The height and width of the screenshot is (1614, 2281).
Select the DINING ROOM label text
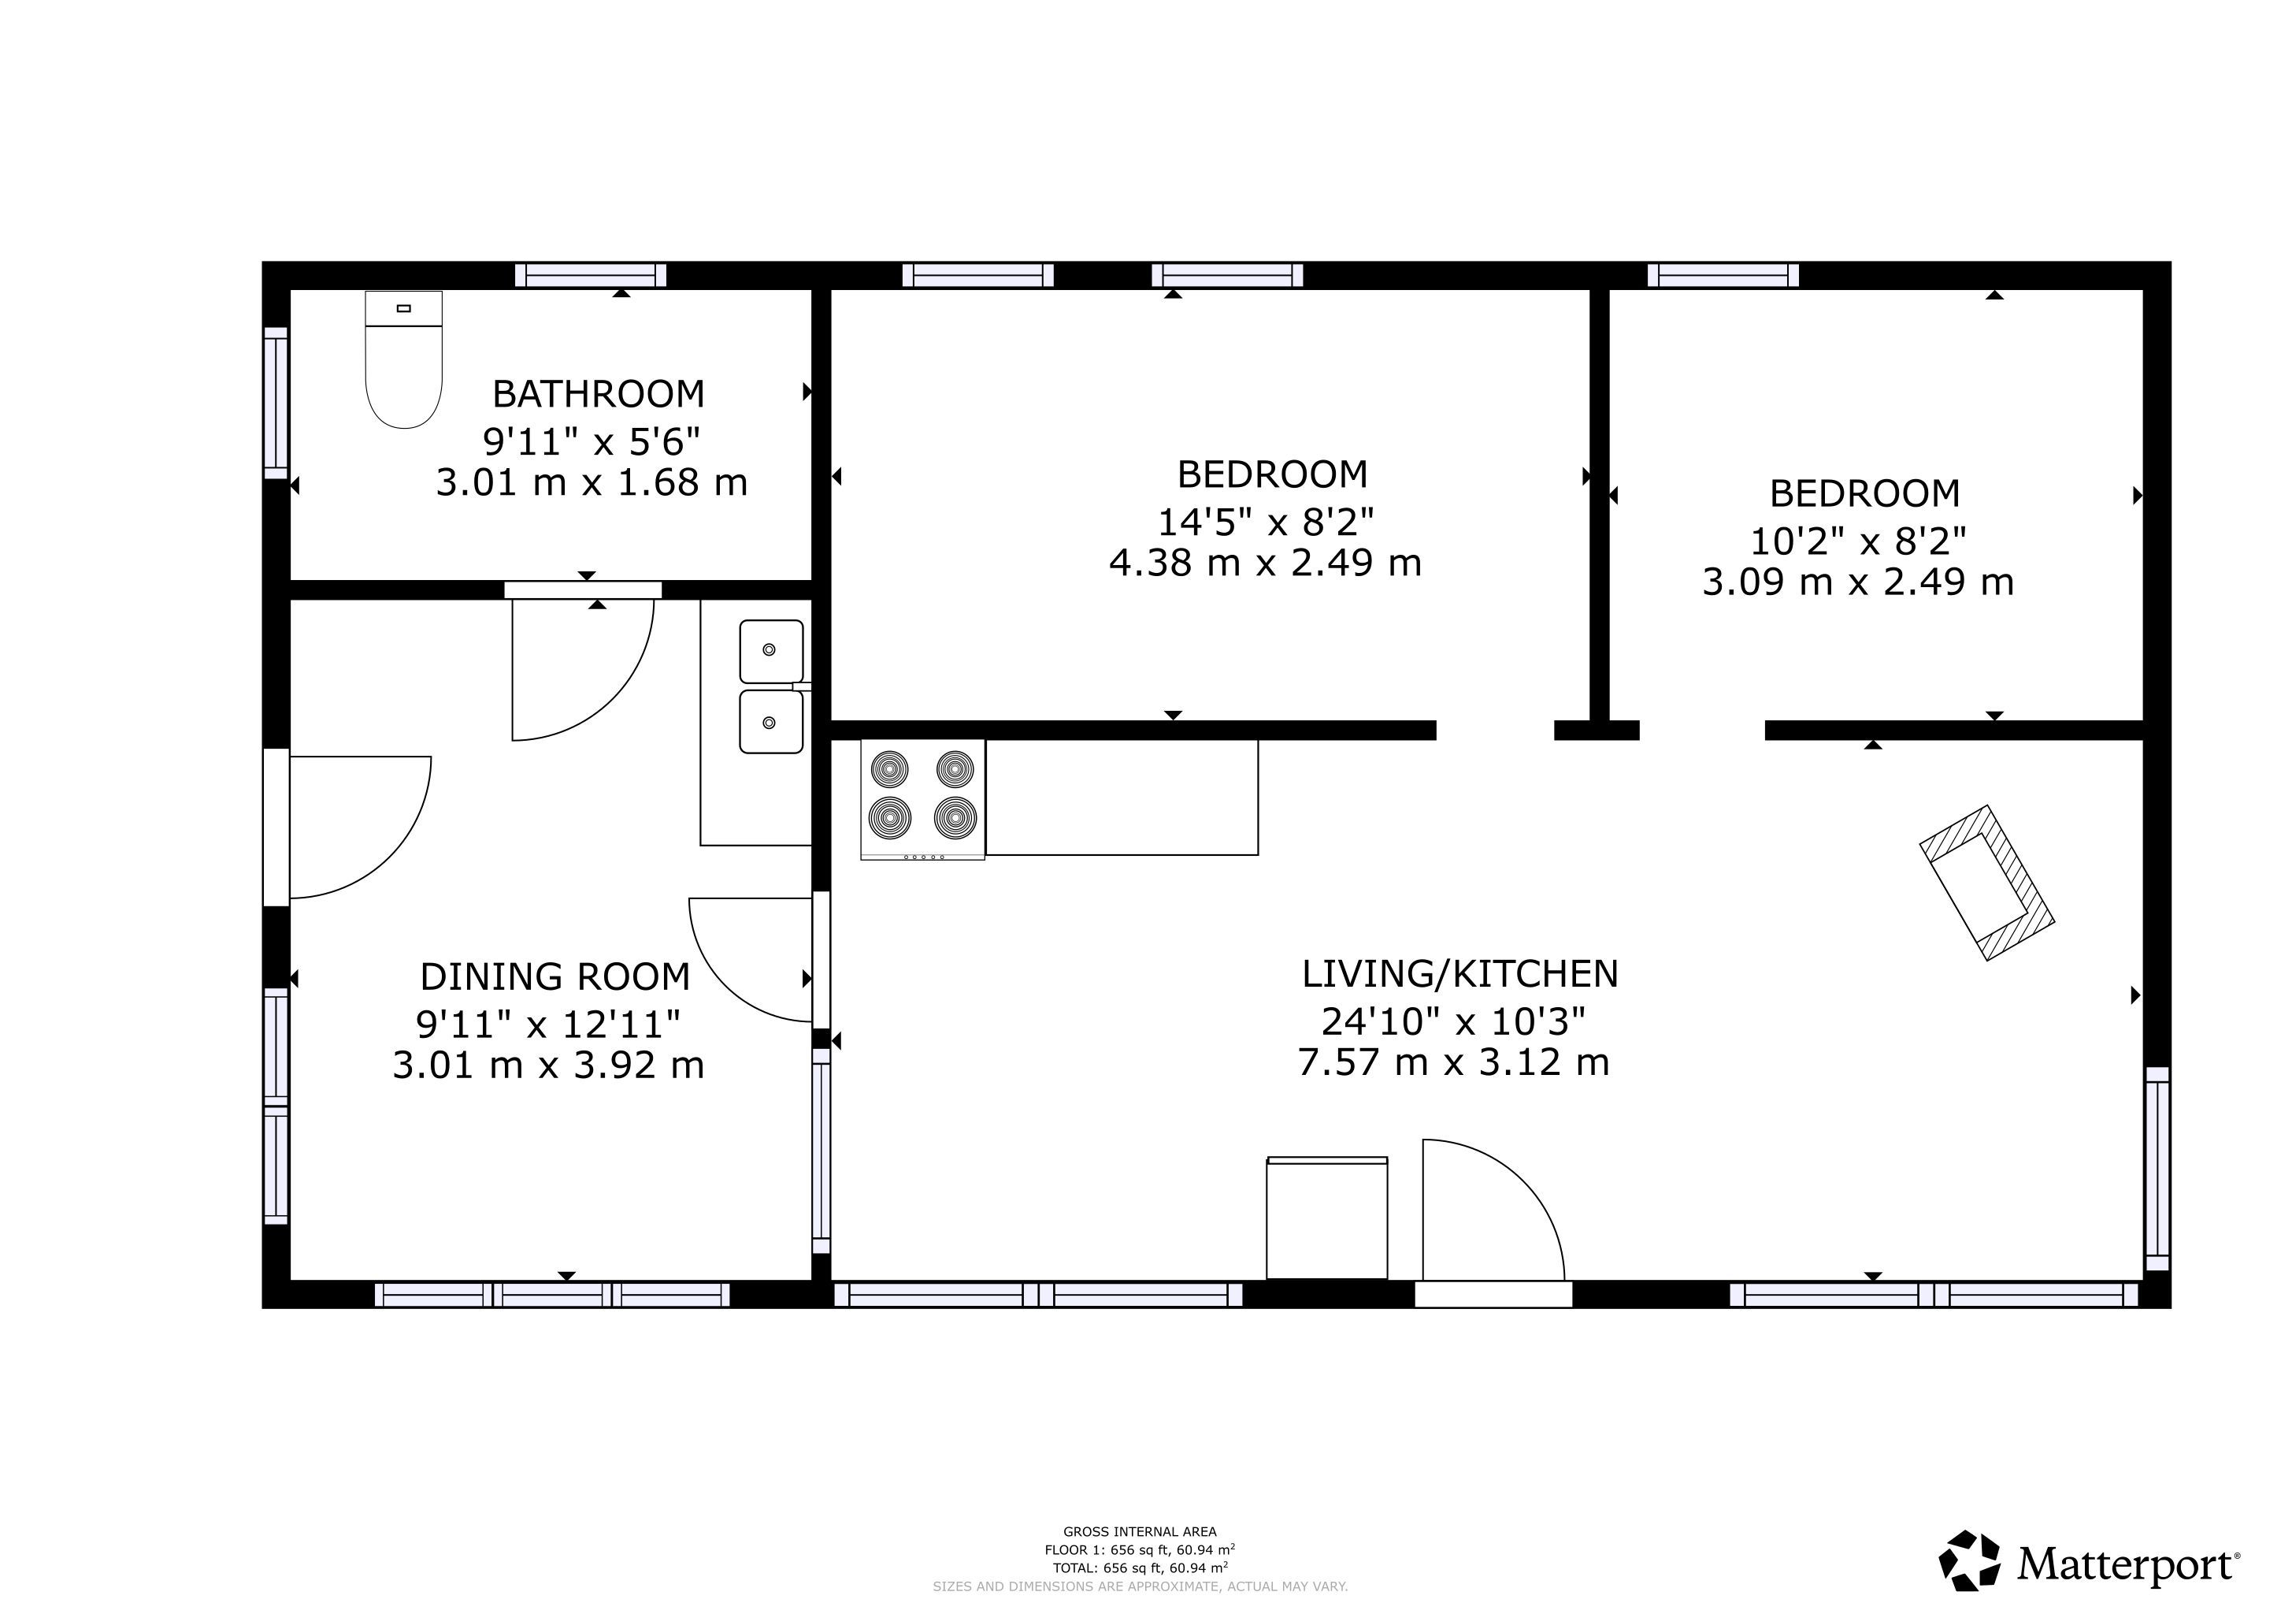click(554, 977)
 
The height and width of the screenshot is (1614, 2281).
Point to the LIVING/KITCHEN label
click(1459, 974)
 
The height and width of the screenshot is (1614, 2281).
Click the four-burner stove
click(923, 799)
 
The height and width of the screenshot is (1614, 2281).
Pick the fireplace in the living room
click(1986, 883)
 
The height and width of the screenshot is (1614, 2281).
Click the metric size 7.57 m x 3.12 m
click(1453, 1062)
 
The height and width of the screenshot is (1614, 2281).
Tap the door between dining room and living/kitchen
click(751, 959)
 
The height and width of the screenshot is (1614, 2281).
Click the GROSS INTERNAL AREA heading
click(1140, 1531)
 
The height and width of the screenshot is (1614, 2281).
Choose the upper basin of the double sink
click(771, 651)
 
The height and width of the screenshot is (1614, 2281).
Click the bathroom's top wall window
click(590, 275)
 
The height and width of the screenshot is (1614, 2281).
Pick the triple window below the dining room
click(552, 1295)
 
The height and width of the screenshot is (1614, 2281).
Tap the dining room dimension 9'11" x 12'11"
click(548, 1024)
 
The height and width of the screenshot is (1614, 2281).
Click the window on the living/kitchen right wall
click(2158, 1169)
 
